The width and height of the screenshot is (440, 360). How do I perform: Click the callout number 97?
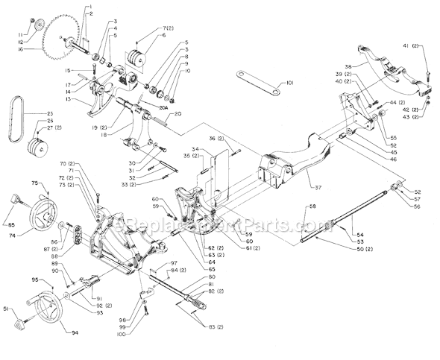(173, 263)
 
